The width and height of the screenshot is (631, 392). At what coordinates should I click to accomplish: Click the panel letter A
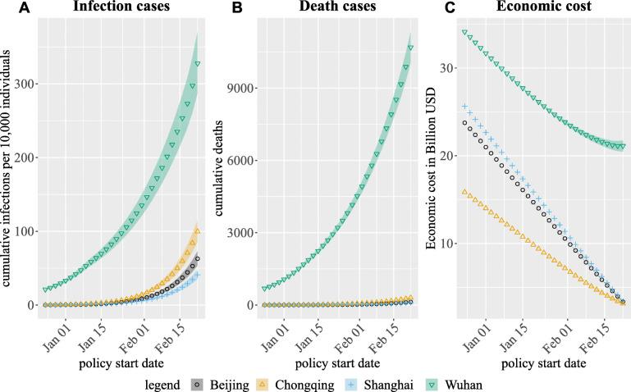7,7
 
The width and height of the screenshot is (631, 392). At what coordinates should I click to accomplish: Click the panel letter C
427,7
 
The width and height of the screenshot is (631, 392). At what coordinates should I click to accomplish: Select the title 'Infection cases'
120,7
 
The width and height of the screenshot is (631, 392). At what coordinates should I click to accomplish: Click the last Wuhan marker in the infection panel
197,64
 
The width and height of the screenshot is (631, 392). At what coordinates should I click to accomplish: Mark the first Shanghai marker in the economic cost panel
465,107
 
